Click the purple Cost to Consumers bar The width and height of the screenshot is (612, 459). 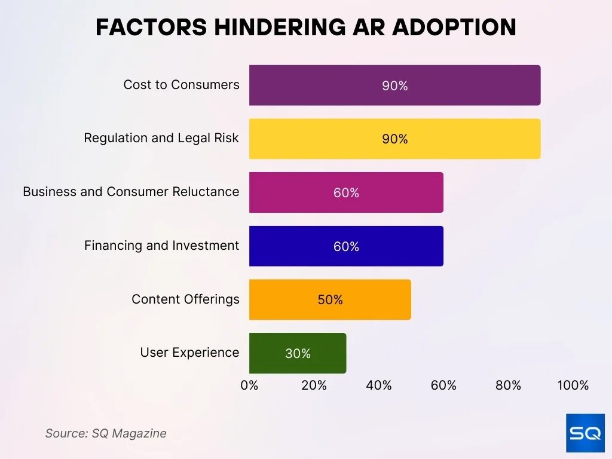tap(394, 85)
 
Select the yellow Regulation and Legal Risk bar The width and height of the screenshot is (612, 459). tap(394, 139)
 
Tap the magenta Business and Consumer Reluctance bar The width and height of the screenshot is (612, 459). tap(346, 192)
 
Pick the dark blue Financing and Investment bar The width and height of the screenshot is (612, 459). tap(346, 246)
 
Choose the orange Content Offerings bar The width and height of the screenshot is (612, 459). tap(330, 299)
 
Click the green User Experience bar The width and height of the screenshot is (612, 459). tap(298, 353)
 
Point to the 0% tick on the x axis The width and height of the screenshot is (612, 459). tap(249, 385)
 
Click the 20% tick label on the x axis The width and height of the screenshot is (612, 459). tap(314, 385)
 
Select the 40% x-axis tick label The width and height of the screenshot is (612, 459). tap(379, 385)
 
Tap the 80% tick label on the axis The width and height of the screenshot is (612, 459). tap(508, 385)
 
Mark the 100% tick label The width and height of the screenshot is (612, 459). tap(573, 385)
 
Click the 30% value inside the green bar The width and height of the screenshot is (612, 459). tap(298, 354)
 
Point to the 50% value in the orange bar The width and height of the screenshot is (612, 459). tap(330, 300)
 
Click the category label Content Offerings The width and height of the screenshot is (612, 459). tap(185, 299)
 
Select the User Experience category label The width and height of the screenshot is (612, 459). tap(189, 353)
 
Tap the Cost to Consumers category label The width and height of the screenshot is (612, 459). tap(181, 85)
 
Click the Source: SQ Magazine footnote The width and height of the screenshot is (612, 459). tap(106, 433)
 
